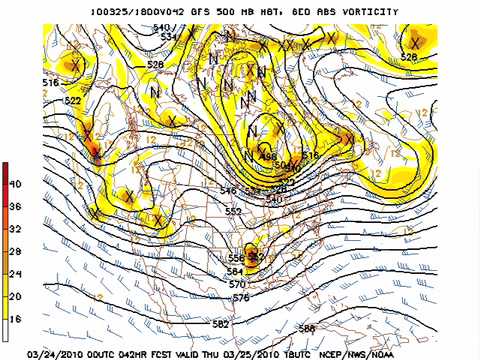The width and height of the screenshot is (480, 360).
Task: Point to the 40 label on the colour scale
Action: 16,185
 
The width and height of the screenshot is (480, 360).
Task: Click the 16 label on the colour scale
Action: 16,318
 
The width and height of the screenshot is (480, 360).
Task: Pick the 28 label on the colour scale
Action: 16,251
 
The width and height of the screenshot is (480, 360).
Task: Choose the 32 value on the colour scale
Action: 16,229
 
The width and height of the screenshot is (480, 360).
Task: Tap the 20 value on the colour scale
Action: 16,296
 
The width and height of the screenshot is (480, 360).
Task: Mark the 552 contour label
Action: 234,212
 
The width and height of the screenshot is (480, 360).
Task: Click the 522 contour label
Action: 72,101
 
